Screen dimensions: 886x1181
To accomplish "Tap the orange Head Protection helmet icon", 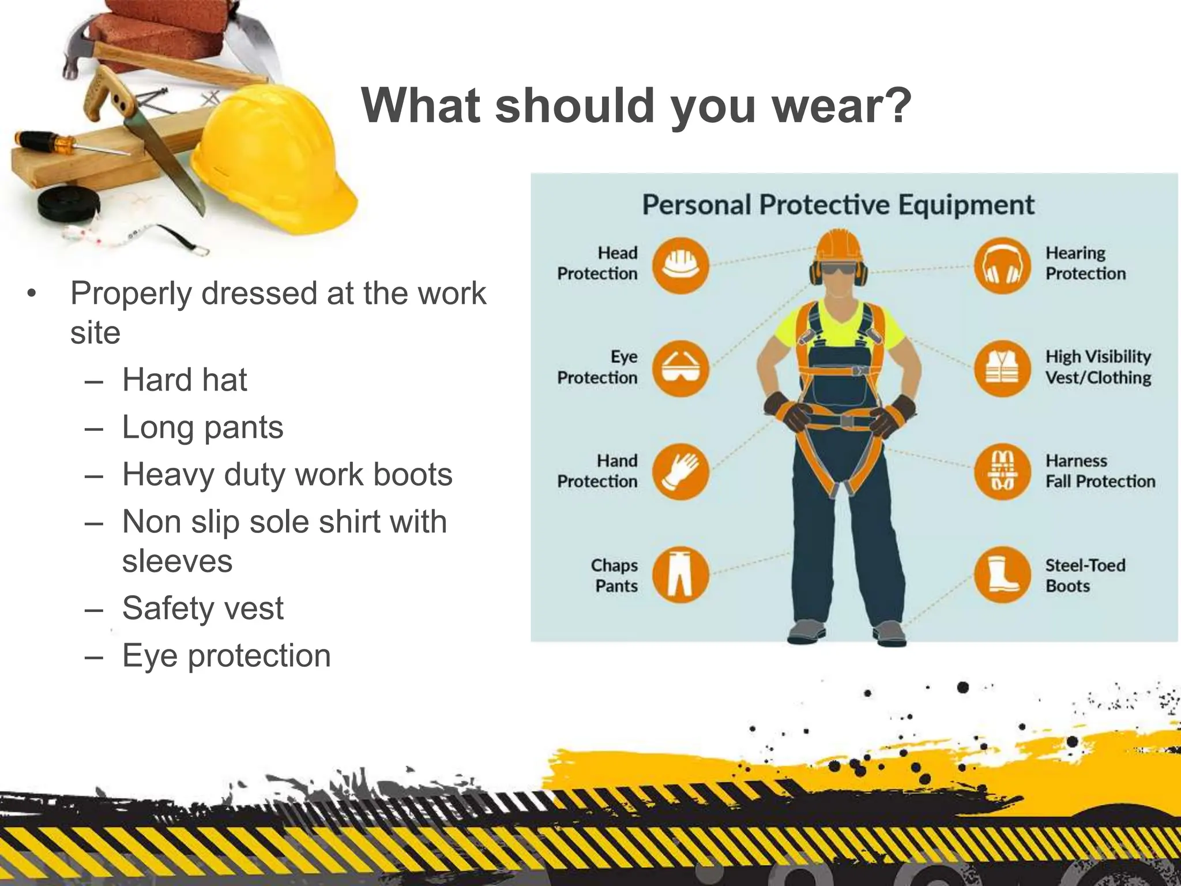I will coord(680,265).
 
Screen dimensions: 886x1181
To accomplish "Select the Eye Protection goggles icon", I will coord(680,368).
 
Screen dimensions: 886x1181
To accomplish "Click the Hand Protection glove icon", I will coord(680,471).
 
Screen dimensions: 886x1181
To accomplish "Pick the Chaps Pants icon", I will coord(680,575).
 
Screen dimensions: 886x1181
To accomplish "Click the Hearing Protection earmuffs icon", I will coord(1002,265).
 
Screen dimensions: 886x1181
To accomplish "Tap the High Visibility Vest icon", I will coord(1002,368).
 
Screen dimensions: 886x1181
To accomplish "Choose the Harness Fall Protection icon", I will coord(1002,471).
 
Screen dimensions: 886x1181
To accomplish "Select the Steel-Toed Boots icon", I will coord(1002,575).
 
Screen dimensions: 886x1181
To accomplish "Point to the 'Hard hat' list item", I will coord(185,380).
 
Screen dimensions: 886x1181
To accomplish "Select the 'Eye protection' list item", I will coord(227,656).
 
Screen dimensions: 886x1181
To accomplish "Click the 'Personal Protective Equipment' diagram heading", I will coord(838,205).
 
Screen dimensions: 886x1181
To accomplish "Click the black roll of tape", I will coord(68,204).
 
